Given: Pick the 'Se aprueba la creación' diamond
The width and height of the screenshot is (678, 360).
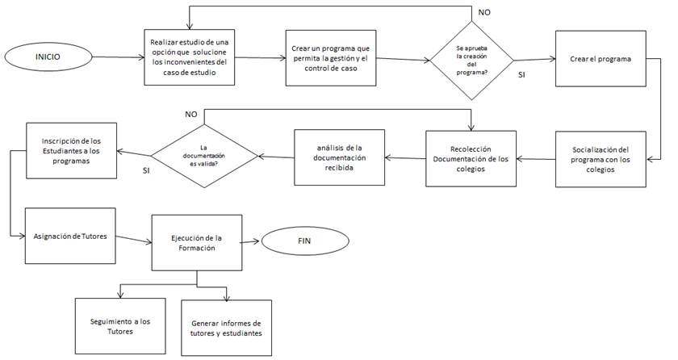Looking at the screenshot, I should pos(472,58).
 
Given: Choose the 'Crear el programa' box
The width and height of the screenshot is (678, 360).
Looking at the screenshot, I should pos(600,59).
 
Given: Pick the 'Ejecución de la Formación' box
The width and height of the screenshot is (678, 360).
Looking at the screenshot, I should pos(197,243).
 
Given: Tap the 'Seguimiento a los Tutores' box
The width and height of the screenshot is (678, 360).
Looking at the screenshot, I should pos(119,325).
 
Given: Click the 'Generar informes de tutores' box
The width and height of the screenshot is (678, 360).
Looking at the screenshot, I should pos(226,328).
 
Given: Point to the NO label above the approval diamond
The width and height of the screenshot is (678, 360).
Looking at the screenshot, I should pos(483,13).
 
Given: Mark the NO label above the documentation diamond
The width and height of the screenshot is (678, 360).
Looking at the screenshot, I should pos(191,115).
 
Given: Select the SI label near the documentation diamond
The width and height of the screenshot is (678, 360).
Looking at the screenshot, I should pos(145,170).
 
